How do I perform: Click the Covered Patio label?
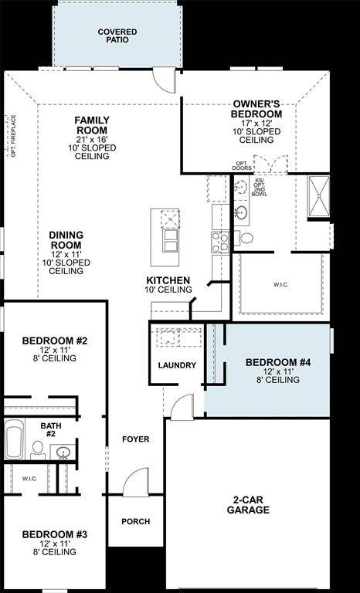tap(117, 36)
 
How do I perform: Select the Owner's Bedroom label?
tap(256, 109)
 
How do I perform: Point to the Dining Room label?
tap(66, 240)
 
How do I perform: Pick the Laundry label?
tap(177, 365)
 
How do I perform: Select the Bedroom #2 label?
tap(54, 341)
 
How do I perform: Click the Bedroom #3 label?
tap(54, 534)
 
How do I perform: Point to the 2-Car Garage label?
tap(248, 505)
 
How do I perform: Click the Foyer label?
tap(135, 439)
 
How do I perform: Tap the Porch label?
tap(135, 521)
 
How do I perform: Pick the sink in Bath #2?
tap(63, 452)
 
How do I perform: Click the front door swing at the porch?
tap(135, 480)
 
